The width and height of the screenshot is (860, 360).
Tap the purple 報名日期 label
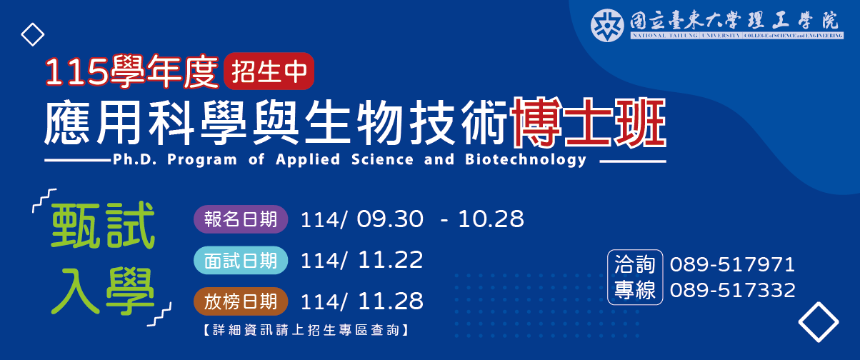click(x=240, y=219)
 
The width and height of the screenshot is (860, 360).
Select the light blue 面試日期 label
click(x=240, y=261)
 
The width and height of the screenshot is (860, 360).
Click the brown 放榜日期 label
click(x=240, y=301)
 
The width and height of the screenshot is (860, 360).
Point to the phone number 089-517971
click(x=732, y=265)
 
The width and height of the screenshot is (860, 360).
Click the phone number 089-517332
click(x=732, y=290)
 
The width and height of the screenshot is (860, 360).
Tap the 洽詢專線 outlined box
click(x=635, y=278)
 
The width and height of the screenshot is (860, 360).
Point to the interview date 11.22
click(x=391, y=260)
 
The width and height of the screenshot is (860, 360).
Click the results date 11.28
click(x=391, y=301)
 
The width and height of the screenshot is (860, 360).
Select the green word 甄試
click(x=102, y=227)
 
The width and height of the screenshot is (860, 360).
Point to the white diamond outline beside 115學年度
click(x=32, y=34)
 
